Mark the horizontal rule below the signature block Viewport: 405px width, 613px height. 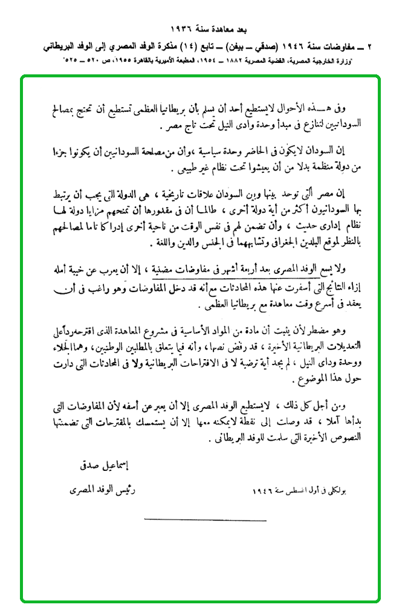206,520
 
